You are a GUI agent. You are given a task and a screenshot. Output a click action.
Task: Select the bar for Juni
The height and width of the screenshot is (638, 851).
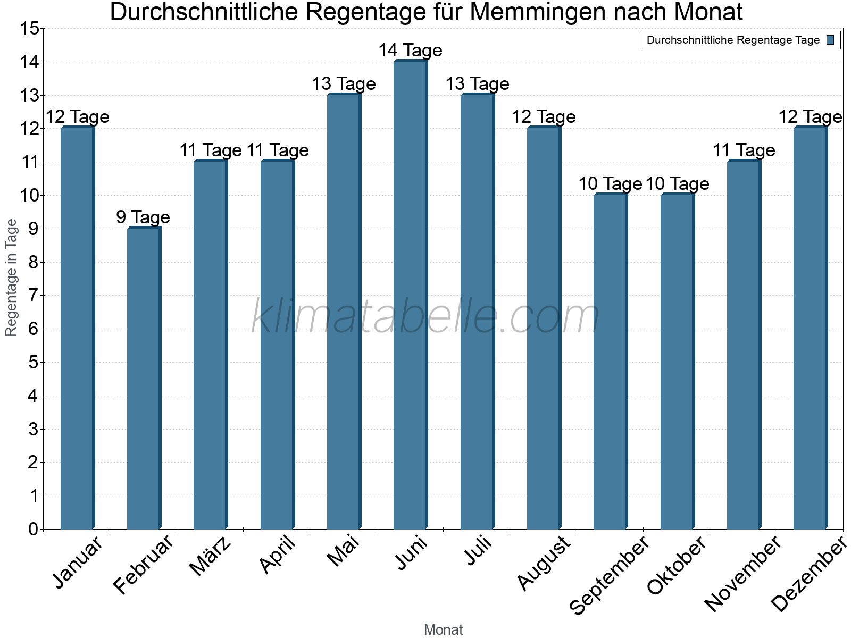coord(410,295)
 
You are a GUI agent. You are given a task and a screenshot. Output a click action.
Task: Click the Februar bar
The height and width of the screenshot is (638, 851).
coord(144,379)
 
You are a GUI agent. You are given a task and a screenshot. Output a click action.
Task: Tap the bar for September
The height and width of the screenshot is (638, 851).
coord(610,362)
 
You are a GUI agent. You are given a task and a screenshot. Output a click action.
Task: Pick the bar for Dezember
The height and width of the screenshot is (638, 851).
coord(810,328)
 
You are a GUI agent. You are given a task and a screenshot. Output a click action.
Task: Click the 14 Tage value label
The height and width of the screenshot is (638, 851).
coord(410,51)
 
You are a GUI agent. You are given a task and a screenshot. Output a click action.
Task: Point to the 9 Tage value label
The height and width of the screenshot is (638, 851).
coord(143,217)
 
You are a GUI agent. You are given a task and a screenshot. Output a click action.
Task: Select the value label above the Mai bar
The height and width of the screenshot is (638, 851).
coord(344,84)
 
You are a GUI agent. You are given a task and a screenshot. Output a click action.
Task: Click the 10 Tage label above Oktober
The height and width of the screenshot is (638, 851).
coord(677,184)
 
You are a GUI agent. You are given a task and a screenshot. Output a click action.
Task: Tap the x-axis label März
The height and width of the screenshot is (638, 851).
coord(211,557)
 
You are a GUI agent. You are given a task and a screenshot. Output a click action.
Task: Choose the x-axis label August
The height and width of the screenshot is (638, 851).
coord(544,564)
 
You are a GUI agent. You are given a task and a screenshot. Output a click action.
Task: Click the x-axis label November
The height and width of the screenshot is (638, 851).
coord(743,574)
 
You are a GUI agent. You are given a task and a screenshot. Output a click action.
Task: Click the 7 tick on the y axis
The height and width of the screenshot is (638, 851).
coord(34,296)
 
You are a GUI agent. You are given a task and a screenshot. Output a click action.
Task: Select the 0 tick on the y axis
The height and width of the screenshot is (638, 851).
coord(34,529)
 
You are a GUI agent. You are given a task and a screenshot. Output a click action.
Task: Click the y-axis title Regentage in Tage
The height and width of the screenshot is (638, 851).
coord(11,278)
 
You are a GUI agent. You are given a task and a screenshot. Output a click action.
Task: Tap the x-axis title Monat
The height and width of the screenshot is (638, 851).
coord(443,630)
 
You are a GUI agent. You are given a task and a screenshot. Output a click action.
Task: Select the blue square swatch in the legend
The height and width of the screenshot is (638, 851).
coord(831,40)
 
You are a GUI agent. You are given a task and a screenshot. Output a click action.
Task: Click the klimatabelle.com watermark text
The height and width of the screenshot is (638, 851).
coord(425,316)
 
